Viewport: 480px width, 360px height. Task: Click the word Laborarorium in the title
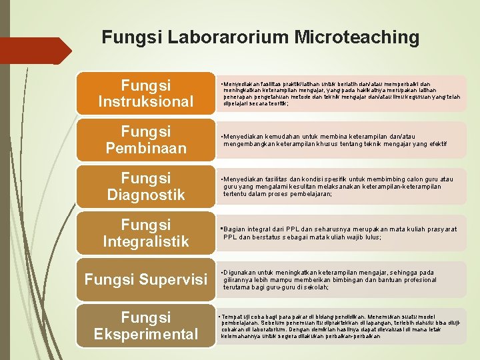223,37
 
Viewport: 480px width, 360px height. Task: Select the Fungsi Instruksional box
145,93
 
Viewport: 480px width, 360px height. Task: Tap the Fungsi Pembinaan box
145,139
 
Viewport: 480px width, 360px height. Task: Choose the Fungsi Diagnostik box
145,186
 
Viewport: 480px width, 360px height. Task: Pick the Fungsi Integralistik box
145,232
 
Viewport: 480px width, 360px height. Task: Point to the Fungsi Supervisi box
145,279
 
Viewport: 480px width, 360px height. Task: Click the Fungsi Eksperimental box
145,325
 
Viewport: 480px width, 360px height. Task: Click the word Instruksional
145,102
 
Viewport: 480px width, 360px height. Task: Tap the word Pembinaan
145,148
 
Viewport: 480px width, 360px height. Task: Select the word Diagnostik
145,195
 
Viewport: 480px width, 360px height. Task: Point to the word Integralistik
145,241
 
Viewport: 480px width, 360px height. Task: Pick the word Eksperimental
145,333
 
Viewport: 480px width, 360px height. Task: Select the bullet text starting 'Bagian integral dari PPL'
340,233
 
